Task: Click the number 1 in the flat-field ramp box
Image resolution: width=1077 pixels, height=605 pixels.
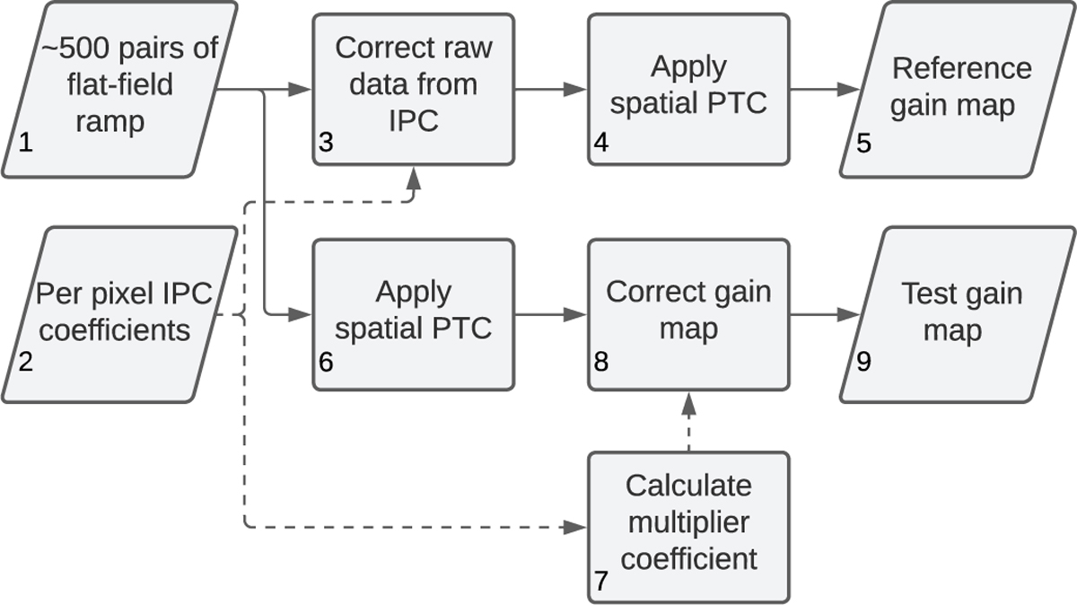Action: click(x=24, y=142)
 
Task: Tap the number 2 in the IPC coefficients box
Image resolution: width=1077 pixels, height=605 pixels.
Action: click(x=25, y=364)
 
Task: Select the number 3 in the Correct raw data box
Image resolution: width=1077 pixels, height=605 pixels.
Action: click(x=325, y=143)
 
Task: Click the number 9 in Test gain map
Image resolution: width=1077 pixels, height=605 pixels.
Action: click(x=862, y=364)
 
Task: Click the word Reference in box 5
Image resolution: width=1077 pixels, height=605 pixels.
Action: click(x=962, y=68)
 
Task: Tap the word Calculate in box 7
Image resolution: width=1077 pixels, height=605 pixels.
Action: click(x=688, y=486)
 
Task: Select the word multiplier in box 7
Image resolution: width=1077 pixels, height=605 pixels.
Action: click(x=688, y=522)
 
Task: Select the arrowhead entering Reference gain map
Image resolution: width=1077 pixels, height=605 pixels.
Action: click(x=848, y=90)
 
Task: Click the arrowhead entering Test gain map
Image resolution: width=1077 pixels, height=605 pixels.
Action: click(x=848, y=315)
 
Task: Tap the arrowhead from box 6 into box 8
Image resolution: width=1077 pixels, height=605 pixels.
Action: click(x=577, y=315)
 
